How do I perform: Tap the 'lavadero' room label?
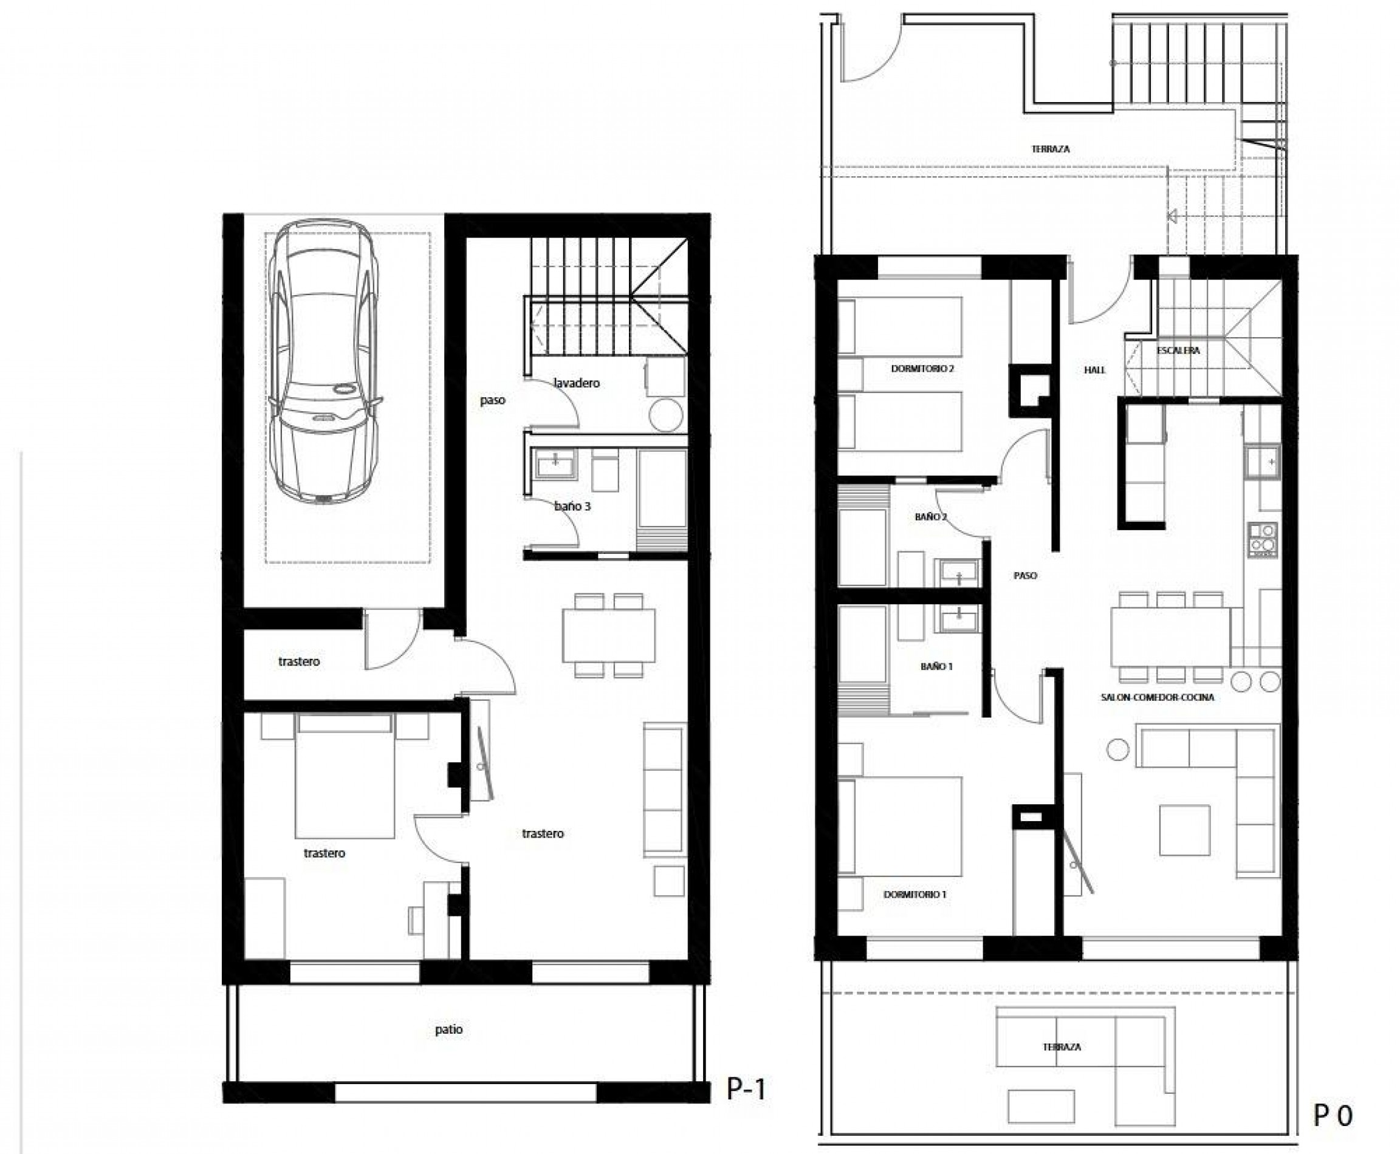point(577,383)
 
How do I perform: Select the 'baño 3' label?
point(572,506)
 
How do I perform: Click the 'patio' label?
point(449,1029)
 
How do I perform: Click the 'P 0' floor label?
point(1332,1116)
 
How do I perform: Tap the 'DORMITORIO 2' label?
point(922,367)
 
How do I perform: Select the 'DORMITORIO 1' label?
point(914,895)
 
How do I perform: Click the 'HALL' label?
point(1094,370)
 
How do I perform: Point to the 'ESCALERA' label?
point(1178,350)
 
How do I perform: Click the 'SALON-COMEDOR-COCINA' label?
point(1157,697)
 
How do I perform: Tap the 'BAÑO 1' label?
point(936,666)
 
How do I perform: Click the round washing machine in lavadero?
point(666,415)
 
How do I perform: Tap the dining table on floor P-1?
point(609,635)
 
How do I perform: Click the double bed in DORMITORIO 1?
point(899,826)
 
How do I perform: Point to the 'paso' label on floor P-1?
point(493,400)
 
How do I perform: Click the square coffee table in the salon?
point(1184,830)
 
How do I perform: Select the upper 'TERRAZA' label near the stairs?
point(1051,149)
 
